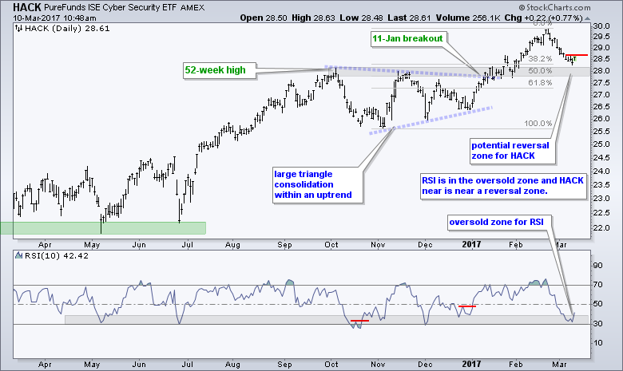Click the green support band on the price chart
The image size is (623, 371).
[x=103, y=227]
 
